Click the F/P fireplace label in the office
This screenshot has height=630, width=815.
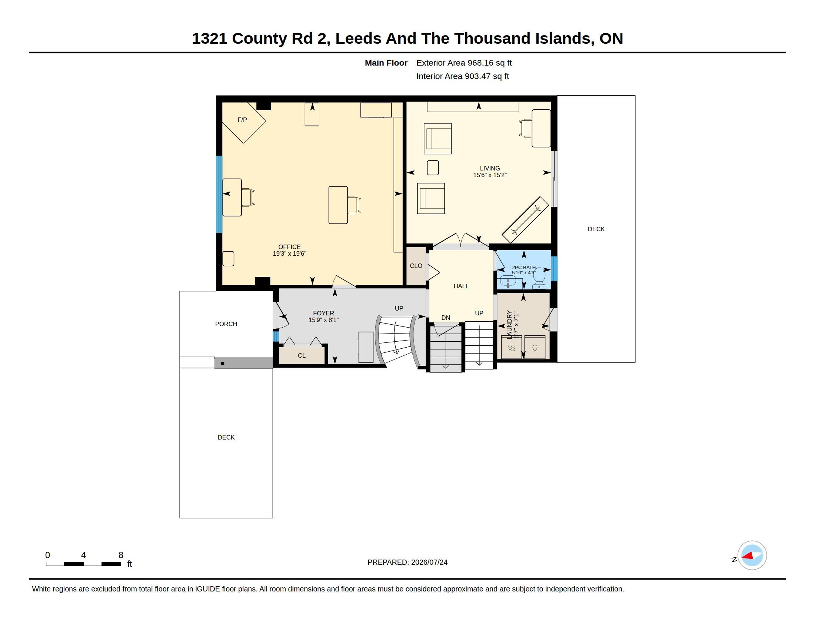[x=242, y=120]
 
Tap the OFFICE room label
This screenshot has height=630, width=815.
[x=289, y=247]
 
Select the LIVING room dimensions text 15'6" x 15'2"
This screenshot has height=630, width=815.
[x=490, y=175]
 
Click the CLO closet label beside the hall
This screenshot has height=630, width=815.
[x=416, y=266]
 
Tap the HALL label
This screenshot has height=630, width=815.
[x=461, y=286]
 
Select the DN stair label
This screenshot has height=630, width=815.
[x=446, y=318]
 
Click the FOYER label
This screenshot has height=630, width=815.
[x=323, y=313]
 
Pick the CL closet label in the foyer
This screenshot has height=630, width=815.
[x=302, y=356]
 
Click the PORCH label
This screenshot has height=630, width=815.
[x=226, y=324]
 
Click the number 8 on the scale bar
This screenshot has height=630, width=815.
[x=120, y=555]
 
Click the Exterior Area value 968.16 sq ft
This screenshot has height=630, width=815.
[x=490, y=63]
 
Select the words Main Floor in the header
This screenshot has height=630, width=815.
[x=386, y=63]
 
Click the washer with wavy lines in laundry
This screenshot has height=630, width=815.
[x=511, y=347]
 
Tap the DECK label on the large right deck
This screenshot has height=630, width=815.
[x=596, y=229]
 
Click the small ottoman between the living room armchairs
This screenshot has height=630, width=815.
[x=432, y=168]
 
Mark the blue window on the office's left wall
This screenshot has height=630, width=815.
[x=219, y=195]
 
